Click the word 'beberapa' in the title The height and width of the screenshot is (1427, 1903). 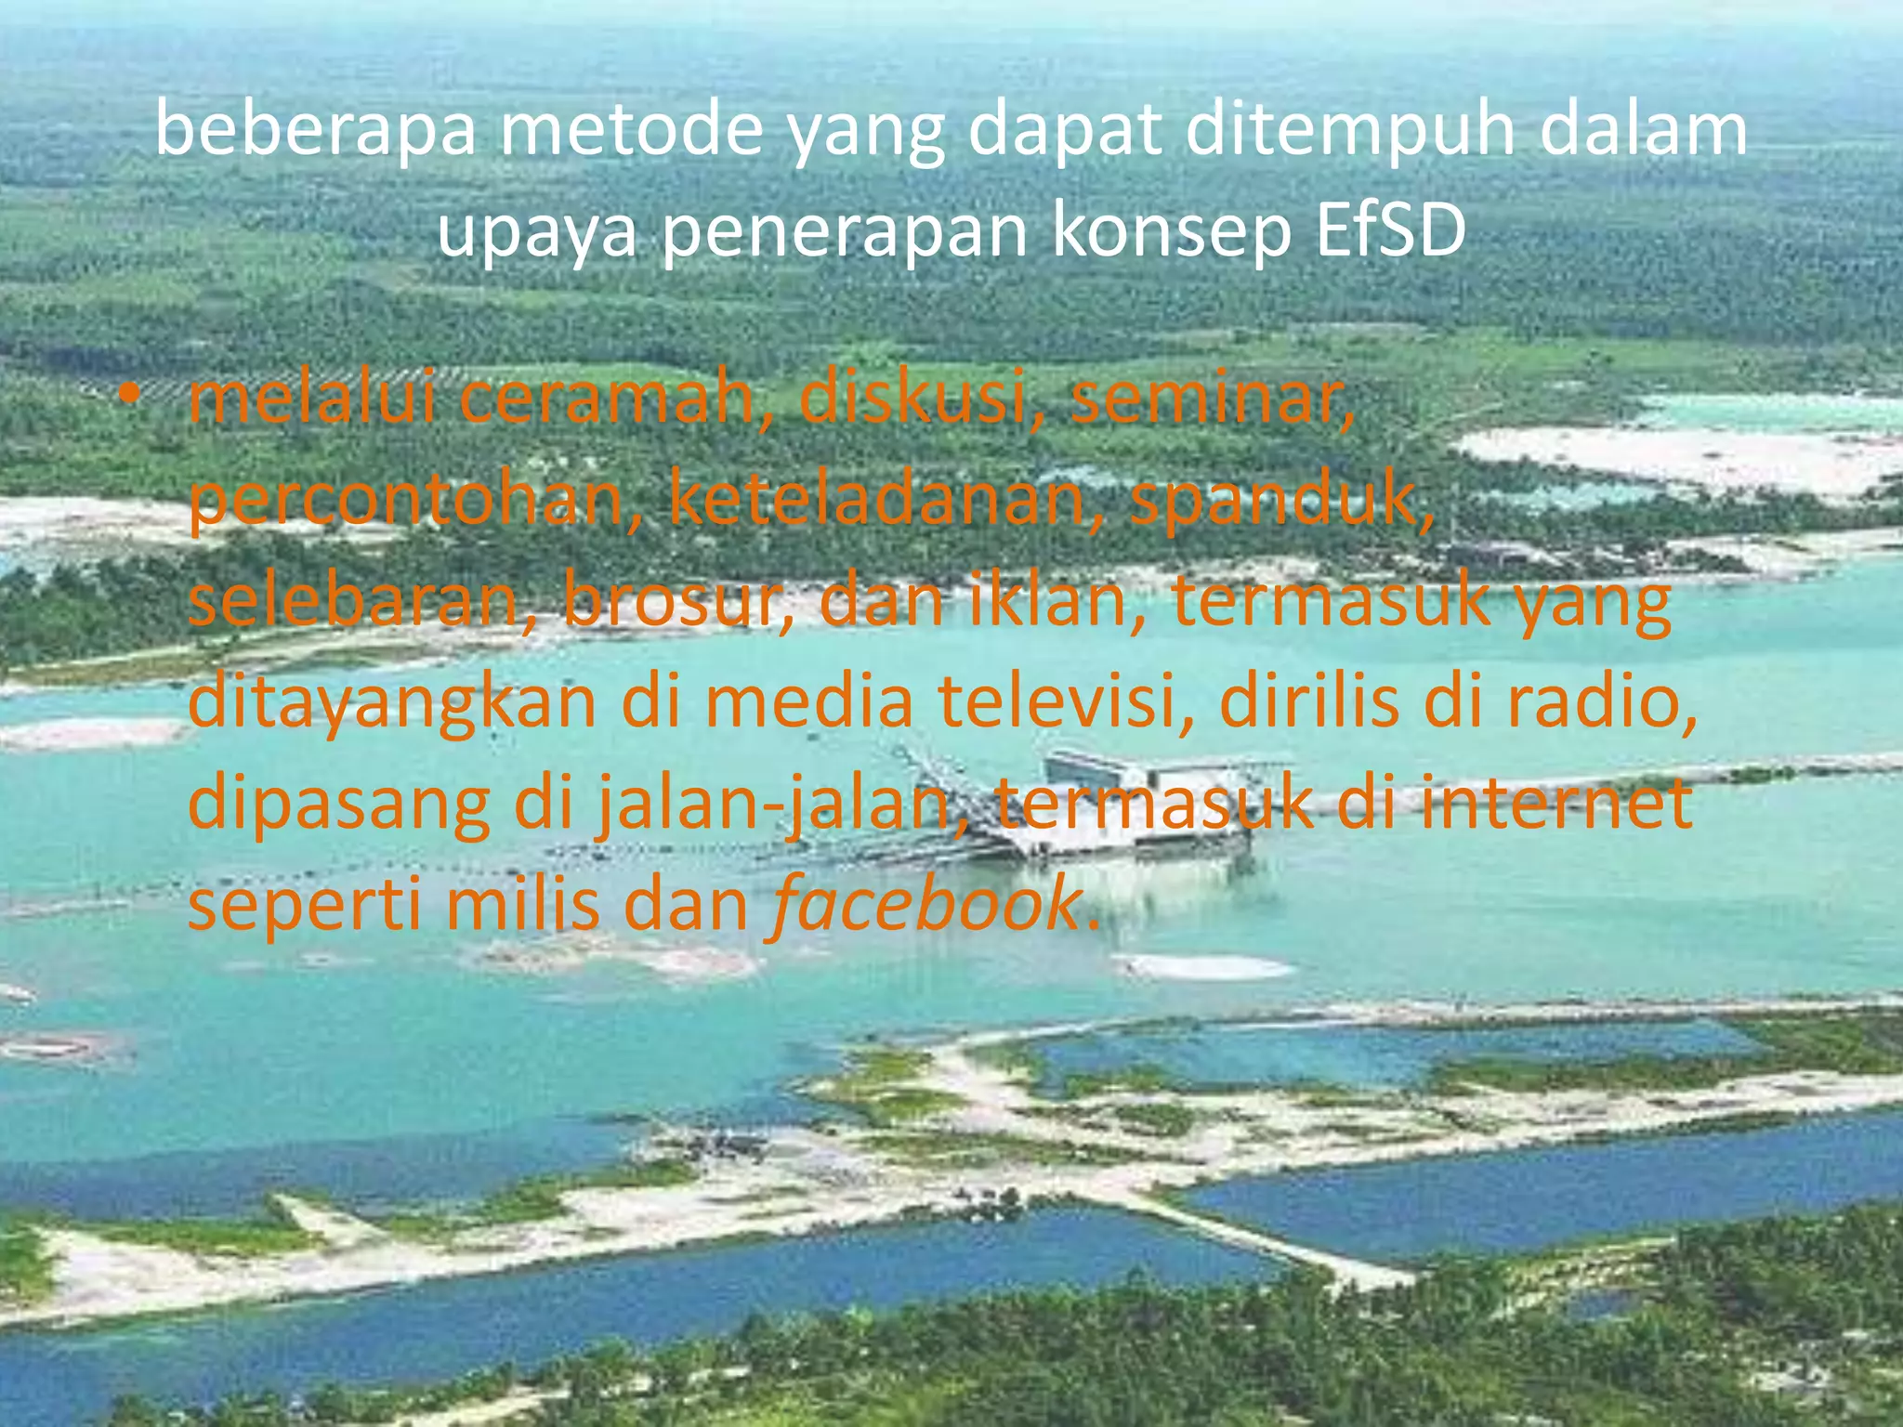(315, 131)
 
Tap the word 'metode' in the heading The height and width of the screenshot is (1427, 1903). (633, 131)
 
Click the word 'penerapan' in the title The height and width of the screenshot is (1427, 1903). (845, 234)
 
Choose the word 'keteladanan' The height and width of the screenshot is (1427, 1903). (874, 500)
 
